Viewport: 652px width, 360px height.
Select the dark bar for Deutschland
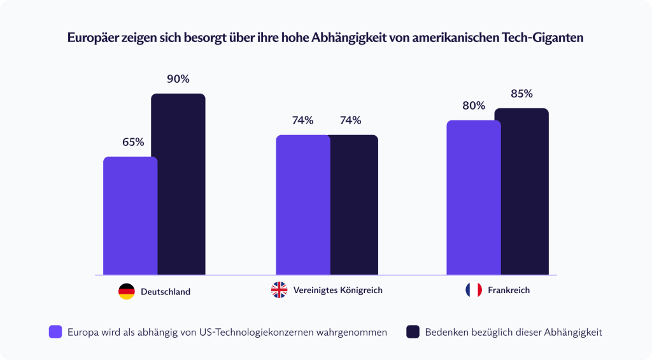tap(178, 184)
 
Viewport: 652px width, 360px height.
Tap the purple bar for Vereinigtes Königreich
tap(302, 205)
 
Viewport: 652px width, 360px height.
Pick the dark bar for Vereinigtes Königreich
tap(353, 205)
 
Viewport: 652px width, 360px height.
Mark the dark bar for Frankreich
tap(521, 191)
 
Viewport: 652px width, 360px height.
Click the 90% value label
tap(178, 80)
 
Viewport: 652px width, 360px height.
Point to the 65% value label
tap(133, 142)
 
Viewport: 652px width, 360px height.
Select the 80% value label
tap(474, 106)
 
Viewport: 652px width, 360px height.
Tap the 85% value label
tap(521, 94)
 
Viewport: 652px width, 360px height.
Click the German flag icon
tap(127, 292)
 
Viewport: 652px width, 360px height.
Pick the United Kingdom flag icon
tap(279, 291)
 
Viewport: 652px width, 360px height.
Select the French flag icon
tap(474, 291)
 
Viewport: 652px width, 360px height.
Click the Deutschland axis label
tap(166, 292)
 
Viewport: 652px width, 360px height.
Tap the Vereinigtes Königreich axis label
tap(338, 291)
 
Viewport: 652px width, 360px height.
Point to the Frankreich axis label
tap(509, 291)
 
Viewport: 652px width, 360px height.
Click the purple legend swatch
tap(55, 331)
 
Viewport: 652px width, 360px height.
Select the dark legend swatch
tap(413, 331)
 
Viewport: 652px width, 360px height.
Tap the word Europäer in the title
tap(92, 38)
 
